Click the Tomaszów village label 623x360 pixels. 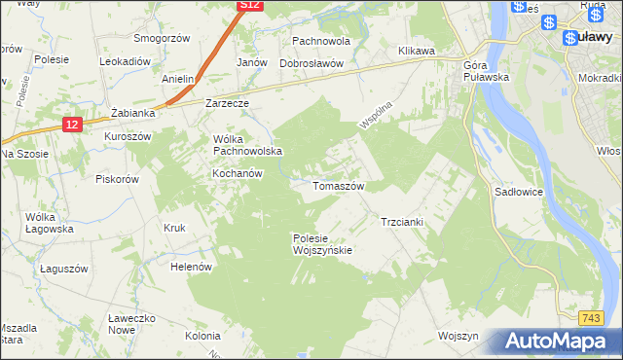coord(338,185)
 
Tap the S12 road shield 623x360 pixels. coord(250,6)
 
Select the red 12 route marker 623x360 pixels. coord(72,125)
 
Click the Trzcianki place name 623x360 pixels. coord(401,222)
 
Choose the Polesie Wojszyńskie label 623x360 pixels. coord(321,243)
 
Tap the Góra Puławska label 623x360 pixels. coord(487,70)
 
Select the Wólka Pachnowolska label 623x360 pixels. coord(247,145)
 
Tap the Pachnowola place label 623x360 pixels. coord(321,43)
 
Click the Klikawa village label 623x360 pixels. coord(417,51)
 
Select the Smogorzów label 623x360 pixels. coord(163,38)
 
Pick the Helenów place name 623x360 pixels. coord(191,266)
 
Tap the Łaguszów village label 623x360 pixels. coord(64,268)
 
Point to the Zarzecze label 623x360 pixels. coord(228,102)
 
